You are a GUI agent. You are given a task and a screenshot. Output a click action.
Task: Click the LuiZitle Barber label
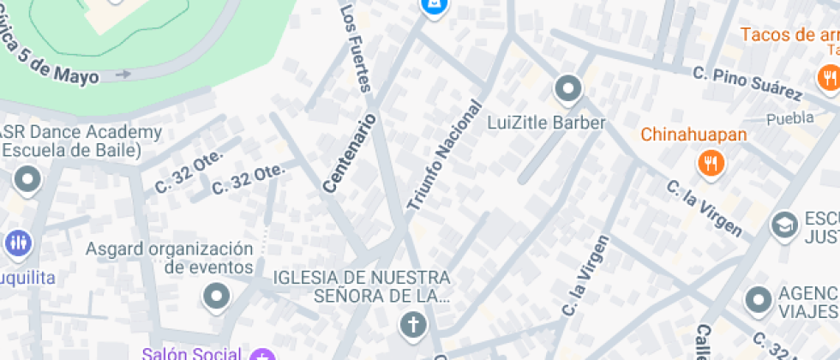(x=546, y=123)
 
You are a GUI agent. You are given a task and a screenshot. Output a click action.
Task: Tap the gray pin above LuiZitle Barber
(x=567, y=88)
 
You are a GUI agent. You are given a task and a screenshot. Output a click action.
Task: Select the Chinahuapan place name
(x=693, y=135)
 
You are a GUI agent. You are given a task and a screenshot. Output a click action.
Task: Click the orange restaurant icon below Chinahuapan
(x=711, y=162)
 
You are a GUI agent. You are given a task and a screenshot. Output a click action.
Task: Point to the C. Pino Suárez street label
(x=747, y=82)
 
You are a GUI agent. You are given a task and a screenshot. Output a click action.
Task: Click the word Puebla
(x=789, y=118)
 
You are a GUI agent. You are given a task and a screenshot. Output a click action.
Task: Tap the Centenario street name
(x=350, y=152)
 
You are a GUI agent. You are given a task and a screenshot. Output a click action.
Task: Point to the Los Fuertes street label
(x=356, y=48)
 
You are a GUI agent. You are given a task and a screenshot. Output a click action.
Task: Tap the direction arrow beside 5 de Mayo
(x=123, y=75)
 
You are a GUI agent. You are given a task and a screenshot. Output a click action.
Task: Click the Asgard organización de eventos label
(x=170, y=258)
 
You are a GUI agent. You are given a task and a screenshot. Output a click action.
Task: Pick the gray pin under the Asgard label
(x=216, y=297)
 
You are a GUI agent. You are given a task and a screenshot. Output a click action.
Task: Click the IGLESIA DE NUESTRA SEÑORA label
(x=361, y=286)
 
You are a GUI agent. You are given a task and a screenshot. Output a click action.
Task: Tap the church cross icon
(x=413, y=325)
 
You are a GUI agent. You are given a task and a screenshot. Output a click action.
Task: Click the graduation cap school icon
(x=783, y=225)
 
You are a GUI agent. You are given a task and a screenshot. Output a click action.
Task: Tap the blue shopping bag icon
(x=434, y=8)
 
